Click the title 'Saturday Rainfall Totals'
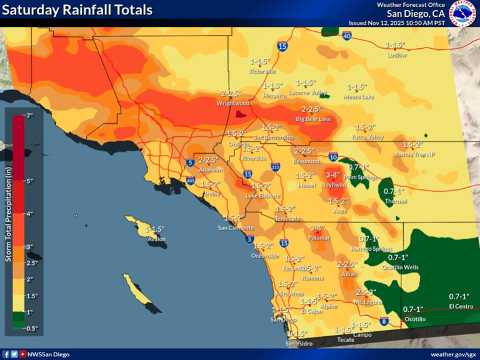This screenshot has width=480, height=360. pyautogui.click(x=78, y=11)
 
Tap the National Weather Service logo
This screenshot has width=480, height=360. pyautogui.click(x=463, y=13)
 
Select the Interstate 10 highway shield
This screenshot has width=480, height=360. pyautogui.click(x=333, y=157)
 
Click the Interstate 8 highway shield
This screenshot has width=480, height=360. pyautogui.click(x=383, y=321)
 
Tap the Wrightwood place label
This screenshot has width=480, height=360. pyautogui.click(x=233, y=103)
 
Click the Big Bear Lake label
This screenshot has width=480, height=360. pyautogui.click(x=312, y=118)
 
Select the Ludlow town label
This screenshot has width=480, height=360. pyautogui.click(x=397, y=55)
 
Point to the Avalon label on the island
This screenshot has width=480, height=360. pyautogui.click(x=156, y=239)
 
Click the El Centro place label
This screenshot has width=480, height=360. pyautogui.click(x=461, y=306)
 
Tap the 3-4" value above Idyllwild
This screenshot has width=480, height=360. pyautogui.click(x=332, y=176)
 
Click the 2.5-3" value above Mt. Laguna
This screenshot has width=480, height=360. pyautogui.click(x=366, y=292)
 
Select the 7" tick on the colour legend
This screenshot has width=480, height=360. pyautogui.click(x=29, y=116)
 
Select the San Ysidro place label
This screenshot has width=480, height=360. pyautogui.click(x=299, y=343)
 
